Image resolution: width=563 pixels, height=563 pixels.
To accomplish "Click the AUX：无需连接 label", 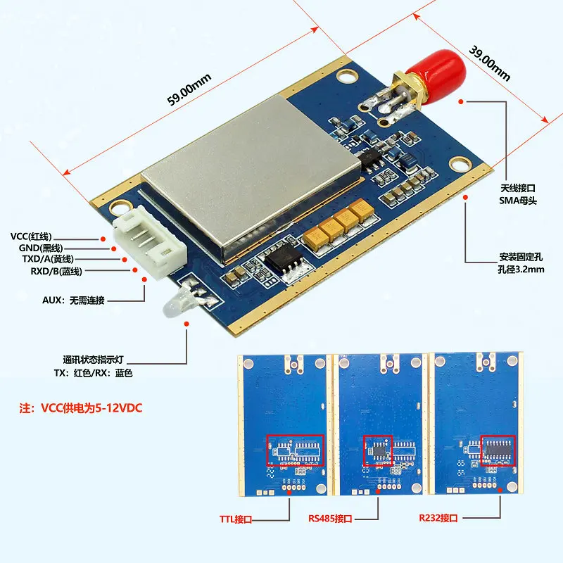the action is click(73, 301).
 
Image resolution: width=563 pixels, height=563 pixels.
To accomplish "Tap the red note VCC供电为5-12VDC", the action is click(80, 407).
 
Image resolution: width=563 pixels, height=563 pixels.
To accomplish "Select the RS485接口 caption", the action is click(330, 519).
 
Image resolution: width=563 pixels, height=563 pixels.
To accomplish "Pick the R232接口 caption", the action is click(438, 519).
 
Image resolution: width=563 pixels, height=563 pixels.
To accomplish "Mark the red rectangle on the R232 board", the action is click(498, 449).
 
